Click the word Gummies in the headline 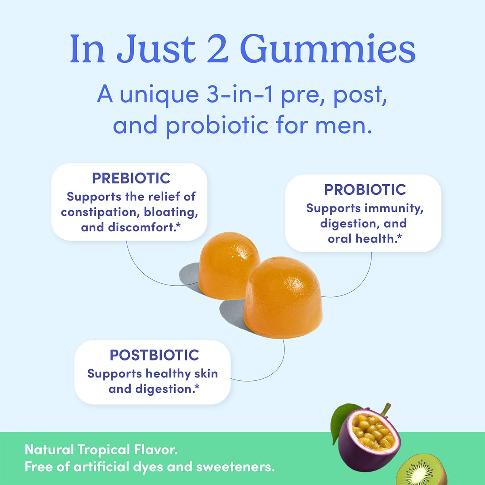328,49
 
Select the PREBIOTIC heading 131,178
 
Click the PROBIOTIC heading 365,190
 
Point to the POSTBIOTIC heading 154,355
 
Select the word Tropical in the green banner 103,450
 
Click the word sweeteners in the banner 235,467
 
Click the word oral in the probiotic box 340,239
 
